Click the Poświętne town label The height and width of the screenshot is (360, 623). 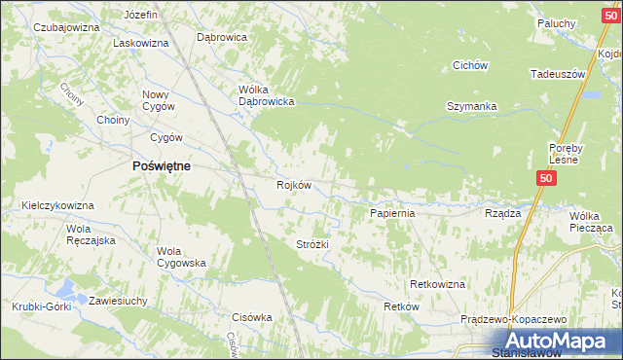pos(161,165)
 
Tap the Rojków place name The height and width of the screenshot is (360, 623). pos(293,185)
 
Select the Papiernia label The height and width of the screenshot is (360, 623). pos(392,212)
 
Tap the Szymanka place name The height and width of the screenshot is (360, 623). pos(472,106)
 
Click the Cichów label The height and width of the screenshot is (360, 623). pos(469,65)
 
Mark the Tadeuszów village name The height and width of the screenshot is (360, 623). pos(557,74)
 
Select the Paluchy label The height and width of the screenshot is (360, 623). pos(557,23)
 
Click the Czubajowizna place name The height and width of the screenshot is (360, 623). pos(66,27)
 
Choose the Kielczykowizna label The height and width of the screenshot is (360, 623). pos(57,205)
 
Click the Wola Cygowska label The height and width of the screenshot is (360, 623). pos(181,256)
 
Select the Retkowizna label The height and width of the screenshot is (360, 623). pos(437,284)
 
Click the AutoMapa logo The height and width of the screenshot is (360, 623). pos(559,342)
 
